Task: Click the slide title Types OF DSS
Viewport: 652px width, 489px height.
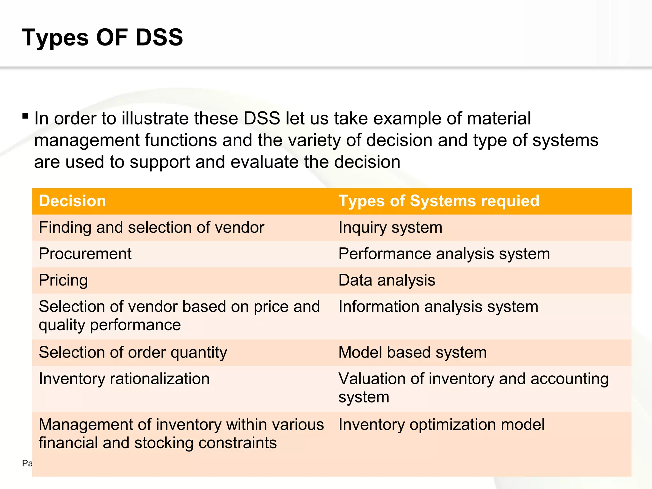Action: (x=102, y=38)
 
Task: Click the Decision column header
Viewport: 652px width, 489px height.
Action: (x=72, y=201)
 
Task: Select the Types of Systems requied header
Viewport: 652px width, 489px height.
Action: (x=439, y=201)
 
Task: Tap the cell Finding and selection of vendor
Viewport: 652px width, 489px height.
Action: (x=152, y=228)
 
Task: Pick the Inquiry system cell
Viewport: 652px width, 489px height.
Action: (x=390, y=228)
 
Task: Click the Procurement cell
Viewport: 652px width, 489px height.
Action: (x=85, y=254)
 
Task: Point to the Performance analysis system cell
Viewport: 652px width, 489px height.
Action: (x=444, y=254)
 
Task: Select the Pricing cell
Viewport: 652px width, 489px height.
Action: (x=63, y=280)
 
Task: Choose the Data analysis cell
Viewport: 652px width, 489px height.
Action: (x=386, y=280)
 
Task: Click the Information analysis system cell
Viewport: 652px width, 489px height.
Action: (x=438, y=307)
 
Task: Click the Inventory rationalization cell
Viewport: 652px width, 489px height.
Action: (x=124, y=379)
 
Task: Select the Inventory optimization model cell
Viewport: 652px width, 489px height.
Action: (x=441, y=425)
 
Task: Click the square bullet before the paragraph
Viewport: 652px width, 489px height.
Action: (x=25, y=116)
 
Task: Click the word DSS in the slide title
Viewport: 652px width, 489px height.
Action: (x=159, y=38)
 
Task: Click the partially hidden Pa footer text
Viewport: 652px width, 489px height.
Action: (x=27, y=463)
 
